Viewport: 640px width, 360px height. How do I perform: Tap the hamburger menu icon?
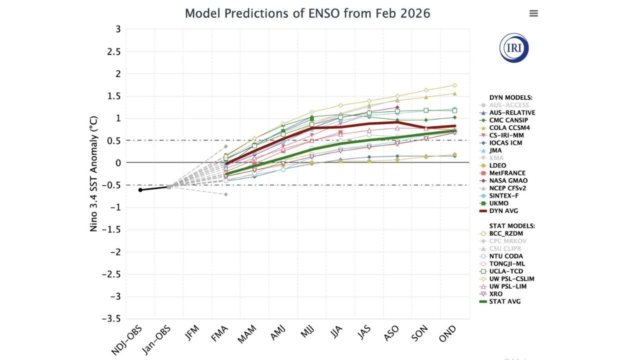pos(533,13)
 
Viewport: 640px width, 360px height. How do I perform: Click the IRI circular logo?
pos(514,48)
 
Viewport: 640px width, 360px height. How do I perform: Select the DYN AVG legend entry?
pos(504,211)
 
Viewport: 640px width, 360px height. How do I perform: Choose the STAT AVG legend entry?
pos(505,301)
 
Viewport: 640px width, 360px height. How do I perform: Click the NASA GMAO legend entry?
pos(508,180)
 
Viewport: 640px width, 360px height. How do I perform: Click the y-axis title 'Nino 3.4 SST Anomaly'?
pos(93,173)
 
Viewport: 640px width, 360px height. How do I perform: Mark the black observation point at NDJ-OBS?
pos(140,190)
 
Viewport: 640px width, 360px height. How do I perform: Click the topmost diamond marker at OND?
pos(454,85)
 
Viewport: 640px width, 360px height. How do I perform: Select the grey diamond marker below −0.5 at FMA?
pos(226,194)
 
